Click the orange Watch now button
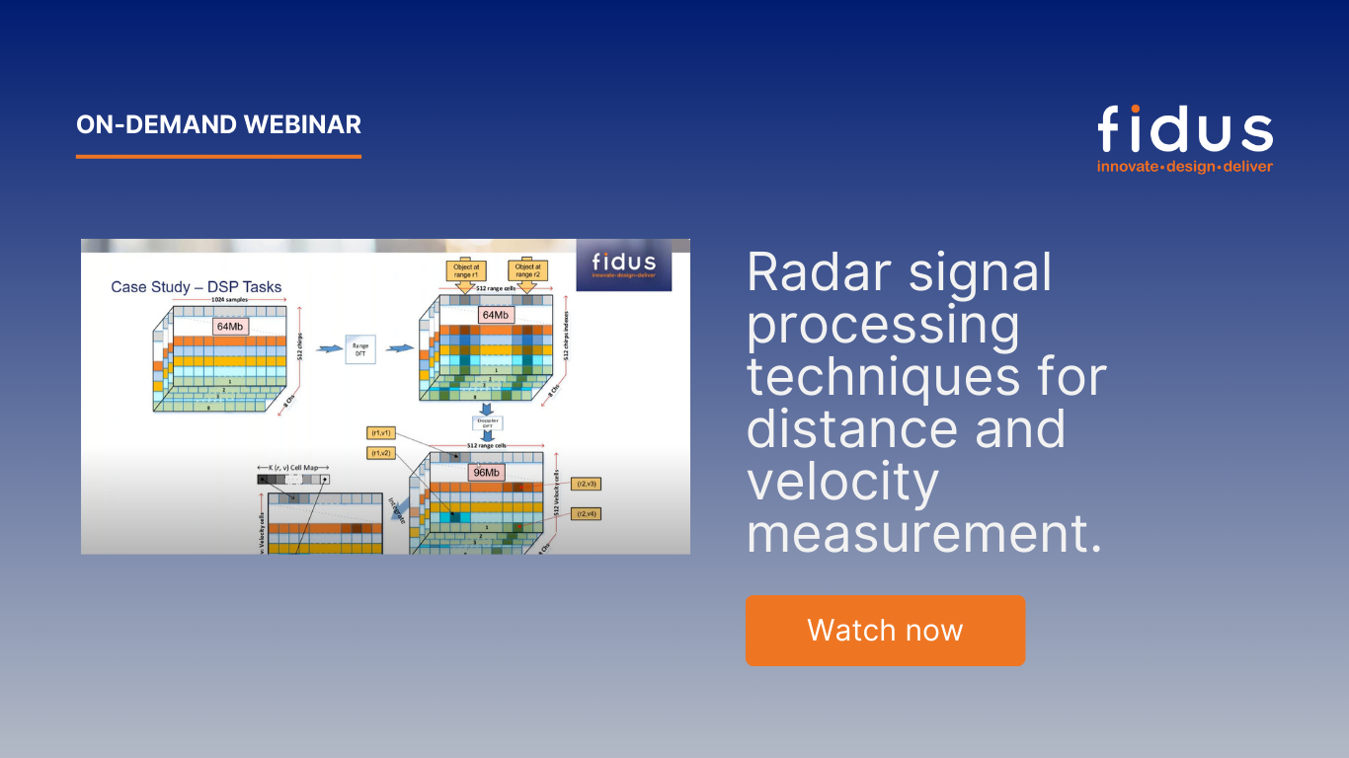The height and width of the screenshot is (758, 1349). pos(885,631)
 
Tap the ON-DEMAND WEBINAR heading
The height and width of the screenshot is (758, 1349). pos(218,125)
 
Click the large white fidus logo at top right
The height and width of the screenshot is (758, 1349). pos(1184,130)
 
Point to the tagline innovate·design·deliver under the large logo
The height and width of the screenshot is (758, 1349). pos(1184,166)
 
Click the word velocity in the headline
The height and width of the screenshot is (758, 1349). pos(842,481)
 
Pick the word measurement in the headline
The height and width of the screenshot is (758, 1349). pos(923,534)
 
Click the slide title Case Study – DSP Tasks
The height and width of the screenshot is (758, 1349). pos(196,287)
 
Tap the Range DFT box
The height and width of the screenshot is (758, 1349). pos(360,348)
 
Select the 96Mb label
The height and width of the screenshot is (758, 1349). pos(486,473)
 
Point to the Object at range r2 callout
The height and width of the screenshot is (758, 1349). pos(527,270)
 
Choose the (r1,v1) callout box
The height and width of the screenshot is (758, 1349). pos(380,432)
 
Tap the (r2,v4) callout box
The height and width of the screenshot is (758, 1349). pos(588,513)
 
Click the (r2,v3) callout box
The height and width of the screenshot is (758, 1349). pos(588,484)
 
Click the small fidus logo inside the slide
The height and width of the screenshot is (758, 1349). pos(623,265)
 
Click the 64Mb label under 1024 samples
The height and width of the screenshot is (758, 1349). pos(230,325)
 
